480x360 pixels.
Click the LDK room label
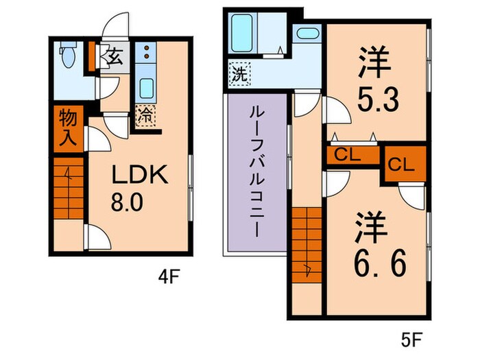pyautogui.click(x=141, y=176)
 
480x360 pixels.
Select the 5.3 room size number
pyautogui.click(x=375, y=101)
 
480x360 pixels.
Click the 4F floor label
pyautogui.click(x=169, y=278)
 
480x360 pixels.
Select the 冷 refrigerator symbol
pyautogui.click(x=145, y=115)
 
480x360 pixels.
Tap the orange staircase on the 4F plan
pyautogui.click(x=67, y=189)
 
